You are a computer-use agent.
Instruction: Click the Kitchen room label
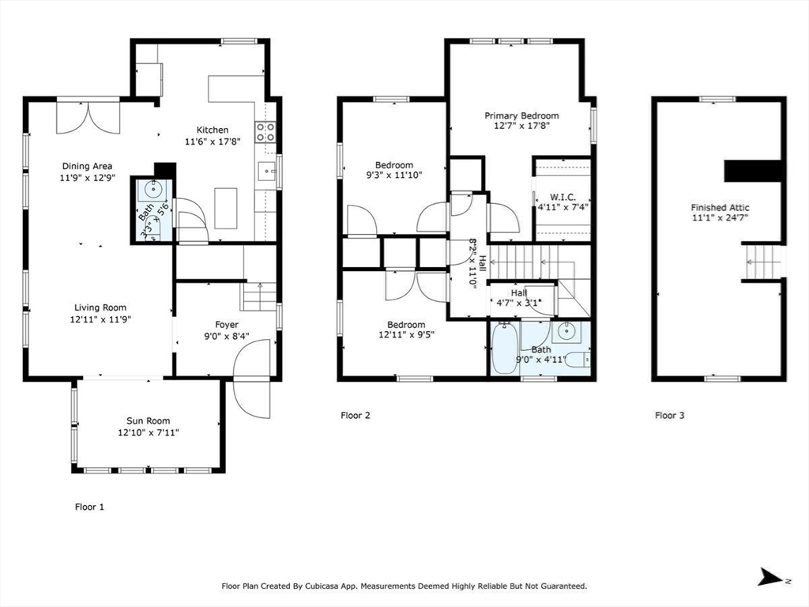[x=213, y=130]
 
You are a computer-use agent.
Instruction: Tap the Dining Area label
[x=87, y=166]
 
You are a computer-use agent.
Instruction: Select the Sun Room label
[x=148, y=420]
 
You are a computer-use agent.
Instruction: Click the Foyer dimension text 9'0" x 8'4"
[x=227, y=336]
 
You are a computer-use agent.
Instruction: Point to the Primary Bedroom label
[x=521, y=115]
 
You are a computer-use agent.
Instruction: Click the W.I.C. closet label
[x=563, y=197]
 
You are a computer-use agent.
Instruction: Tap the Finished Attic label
[x=720, y=208]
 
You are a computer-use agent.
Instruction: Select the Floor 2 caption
[x=356, y=415]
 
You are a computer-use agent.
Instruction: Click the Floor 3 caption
[x=670, y=415]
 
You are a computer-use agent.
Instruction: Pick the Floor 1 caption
[x=89, y=507]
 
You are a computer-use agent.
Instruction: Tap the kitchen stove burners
[x=265, y=132]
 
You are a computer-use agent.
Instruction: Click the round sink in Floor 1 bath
[x=154, y=190]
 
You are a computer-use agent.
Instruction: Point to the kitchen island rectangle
[x=225, y=208]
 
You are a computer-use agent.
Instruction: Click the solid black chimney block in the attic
[x=753, y=171]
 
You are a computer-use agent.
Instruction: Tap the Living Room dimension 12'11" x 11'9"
[x=100, y=319]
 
